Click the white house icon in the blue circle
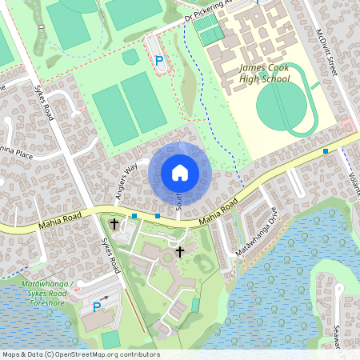click(180, 172)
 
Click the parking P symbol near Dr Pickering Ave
click(158, 60)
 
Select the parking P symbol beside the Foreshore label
click(97, 306)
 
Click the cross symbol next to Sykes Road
click(114, 224)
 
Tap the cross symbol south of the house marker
click(180, 252)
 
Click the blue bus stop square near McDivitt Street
click(326, 150)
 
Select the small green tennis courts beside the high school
click(207, 31)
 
